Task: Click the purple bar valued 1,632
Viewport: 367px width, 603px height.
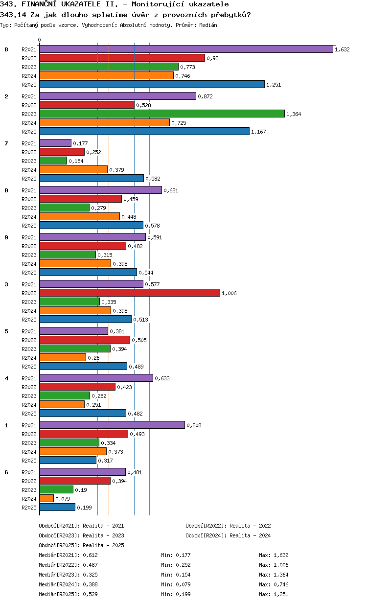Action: (x=186, y=49)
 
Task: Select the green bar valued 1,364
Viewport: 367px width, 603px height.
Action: (x=162, y=114)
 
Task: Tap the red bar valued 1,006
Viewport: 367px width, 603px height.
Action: (x=130, y=293)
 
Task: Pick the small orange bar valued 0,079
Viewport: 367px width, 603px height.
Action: (x=46, y=498)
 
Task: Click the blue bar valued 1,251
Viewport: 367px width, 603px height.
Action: (x=152, y=84)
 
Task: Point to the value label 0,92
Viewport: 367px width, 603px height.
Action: (x=212, y=58)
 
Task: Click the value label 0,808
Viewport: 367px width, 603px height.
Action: (x=194, y=425)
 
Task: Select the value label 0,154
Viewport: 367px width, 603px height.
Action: (x=76, y=161)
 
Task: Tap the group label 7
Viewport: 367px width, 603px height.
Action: (x=6, y=143)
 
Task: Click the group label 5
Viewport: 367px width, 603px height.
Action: (x=6, y=331)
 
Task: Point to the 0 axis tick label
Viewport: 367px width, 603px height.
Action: (x=39, y=40)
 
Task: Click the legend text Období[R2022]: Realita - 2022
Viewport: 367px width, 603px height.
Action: (x=228, y=526)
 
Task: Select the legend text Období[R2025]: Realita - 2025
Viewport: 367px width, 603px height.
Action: (x=82, y=545)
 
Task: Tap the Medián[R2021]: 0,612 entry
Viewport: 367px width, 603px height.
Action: (x=68, y=555)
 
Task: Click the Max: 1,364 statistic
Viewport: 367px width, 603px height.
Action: (x=274, y=575)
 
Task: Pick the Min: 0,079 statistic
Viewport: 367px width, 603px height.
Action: (x=176, y=584)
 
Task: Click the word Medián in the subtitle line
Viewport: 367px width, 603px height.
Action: (x=208, y=25)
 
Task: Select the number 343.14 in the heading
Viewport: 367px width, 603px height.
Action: (x=13, y=15)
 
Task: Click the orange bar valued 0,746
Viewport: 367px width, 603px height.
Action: (x=107, y=75)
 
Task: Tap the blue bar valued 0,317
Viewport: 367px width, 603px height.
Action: (x=68, y=460)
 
